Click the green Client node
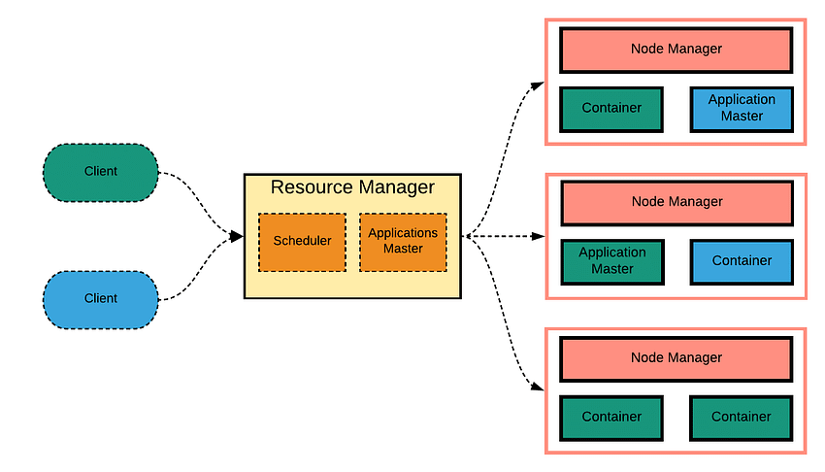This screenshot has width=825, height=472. (101, 173)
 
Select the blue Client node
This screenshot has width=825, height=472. (101, 300)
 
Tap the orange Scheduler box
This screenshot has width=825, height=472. (302, 242)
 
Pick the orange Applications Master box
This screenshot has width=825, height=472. (403, 242)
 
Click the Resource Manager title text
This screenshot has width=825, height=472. (352, 187)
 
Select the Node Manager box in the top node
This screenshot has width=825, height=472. (676, 50)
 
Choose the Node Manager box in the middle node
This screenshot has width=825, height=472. (677, 203)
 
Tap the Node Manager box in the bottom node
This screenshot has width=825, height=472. (676, 359)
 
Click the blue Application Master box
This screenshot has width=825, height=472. (742, 110)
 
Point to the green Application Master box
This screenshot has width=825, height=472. (612, 262)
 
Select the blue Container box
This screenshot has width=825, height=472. (742, 262)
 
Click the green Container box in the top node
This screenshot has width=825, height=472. (611, 110)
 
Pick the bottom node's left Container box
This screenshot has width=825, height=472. (611, 419)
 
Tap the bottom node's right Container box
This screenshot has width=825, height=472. (742, 419)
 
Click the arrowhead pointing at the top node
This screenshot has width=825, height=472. (538, 85)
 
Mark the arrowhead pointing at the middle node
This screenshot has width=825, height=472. (539, 236)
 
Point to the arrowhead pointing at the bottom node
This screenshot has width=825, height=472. (538, 388)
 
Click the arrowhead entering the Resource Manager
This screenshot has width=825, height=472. (236, 236)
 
